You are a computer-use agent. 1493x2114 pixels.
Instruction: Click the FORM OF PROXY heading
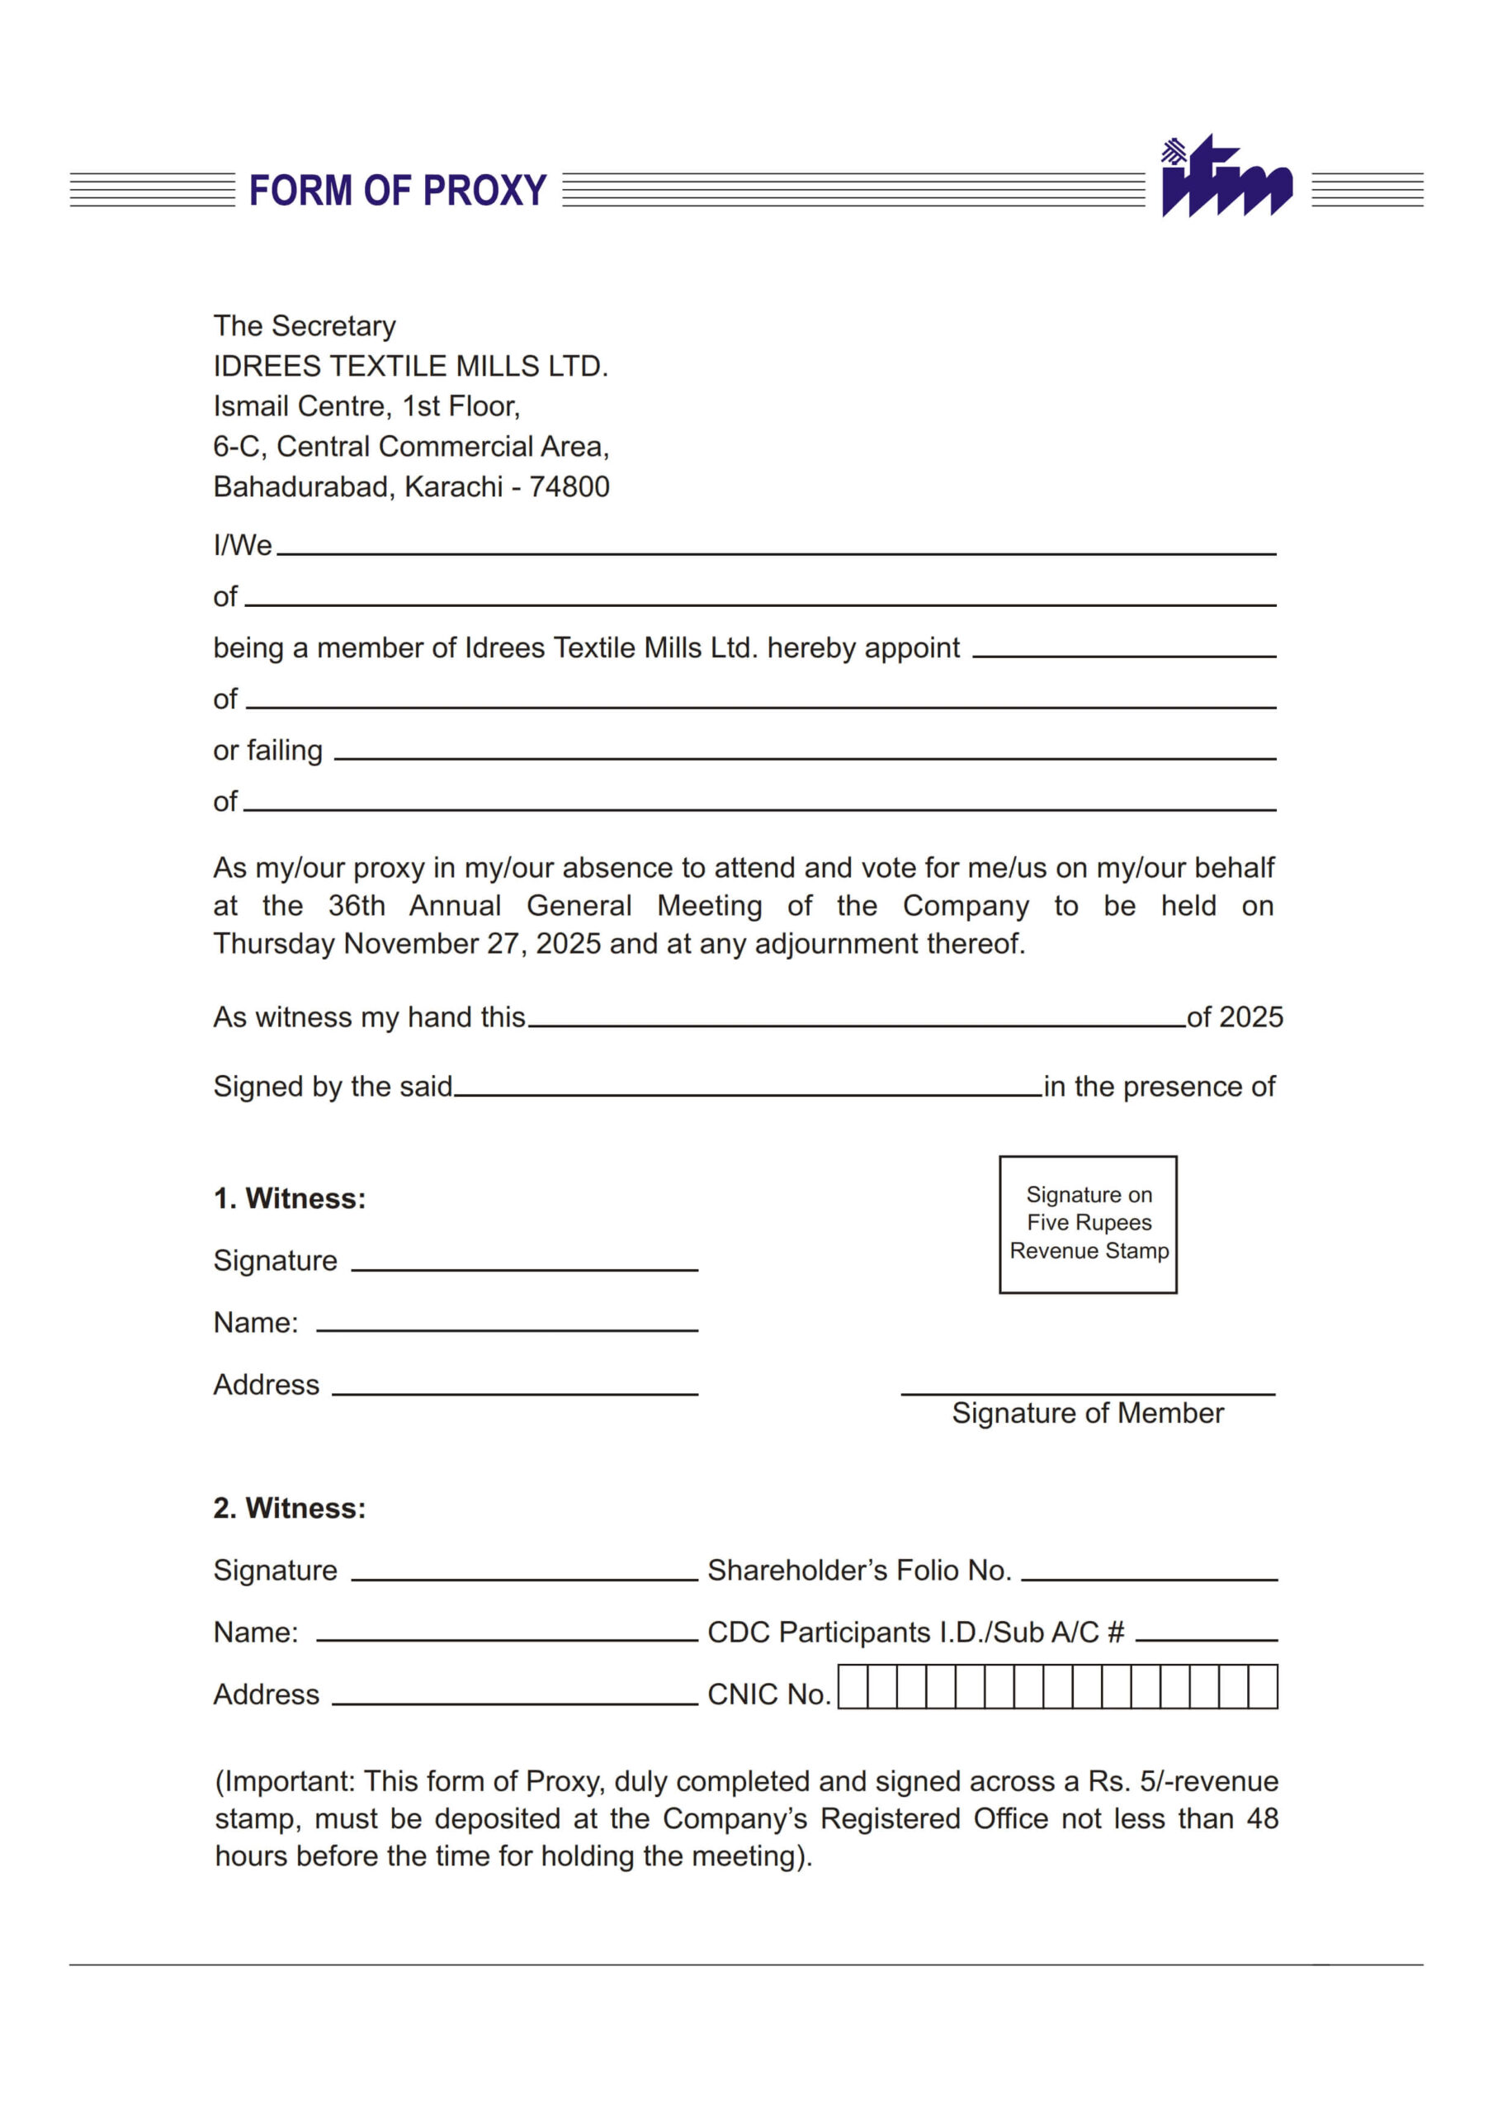click(398, 191)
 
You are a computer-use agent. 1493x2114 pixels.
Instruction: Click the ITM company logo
click(1226, 177)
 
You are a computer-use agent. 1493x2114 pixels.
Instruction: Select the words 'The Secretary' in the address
click(304, 326)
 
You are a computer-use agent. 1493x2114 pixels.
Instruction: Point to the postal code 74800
click(569, 487)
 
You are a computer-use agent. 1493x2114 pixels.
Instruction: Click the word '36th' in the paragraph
click(357, 906)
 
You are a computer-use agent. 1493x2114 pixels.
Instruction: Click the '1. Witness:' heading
click(289, 1199)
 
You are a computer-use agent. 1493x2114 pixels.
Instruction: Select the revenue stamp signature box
click(1088, 1224)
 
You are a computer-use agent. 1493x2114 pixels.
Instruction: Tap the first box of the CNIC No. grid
click(853, 1687)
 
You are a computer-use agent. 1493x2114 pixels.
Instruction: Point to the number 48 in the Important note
click(1262, 1818)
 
